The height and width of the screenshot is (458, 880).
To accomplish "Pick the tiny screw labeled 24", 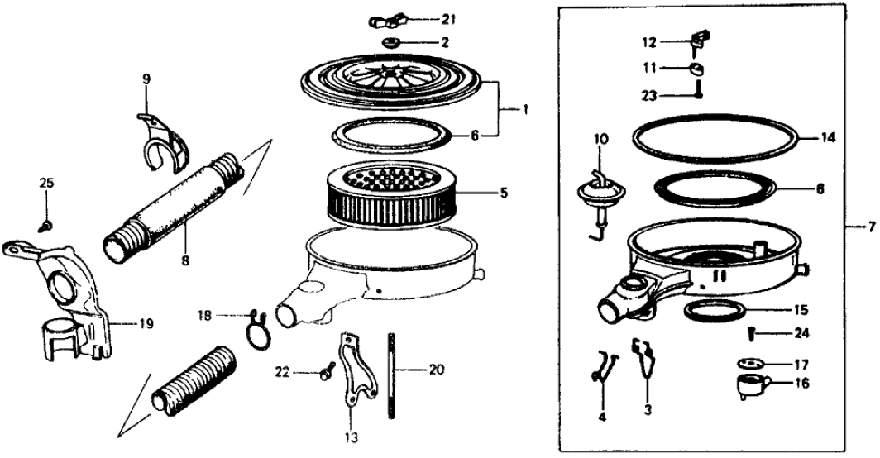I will pyautogui.click(x=750, y=332).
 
